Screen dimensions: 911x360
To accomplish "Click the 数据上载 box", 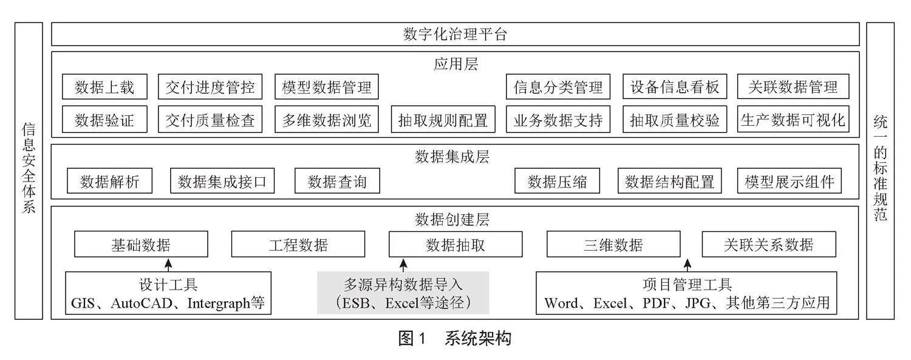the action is tap(104, 87).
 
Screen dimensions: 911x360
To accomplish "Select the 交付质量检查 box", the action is tap(210, 120).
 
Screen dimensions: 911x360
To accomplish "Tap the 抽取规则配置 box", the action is tap(443, 120).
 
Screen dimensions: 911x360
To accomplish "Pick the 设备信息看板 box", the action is tap(675, 87).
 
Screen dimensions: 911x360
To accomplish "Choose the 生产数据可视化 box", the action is tap(793, 120).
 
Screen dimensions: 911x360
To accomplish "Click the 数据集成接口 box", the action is tap(222, 181).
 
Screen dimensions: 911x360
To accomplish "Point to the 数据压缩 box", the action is tap(557, 181).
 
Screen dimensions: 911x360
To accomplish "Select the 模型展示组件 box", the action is tap(790, 181).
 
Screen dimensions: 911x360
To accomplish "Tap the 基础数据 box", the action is tap(141, 244).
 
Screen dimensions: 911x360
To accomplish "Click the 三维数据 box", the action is tap(613, 244).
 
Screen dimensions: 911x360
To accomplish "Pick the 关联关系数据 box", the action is tap(769, 244).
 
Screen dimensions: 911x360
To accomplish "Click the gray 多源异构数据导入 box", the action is tap(403, 293).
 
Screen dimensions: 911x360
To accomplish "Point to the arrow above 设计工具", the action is tap(168, 265).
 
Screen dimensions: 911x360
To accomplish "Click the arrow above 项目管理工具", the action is tap(688, 265).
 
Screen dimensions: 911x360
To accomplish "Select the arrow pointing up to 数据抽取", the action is tap(403, 265).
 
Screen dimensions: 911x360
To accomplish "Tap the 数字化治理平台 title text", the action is tap(455, 34).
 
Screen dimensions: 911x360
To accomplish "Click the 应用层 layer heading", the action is tap(455, 64).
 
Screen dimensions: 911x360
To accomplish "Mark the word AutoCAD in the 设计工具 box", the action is tap(141, 303).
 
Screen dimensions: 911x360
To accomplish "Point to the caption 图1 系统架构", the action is tap(455, 338).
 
